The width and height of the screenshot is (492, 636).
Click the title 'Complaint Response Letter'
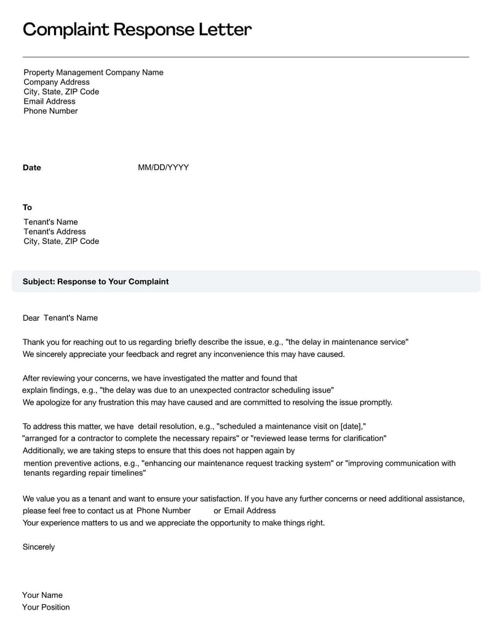(137, 29)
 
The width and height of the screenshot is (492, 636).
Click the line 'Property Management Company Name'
(93, 73)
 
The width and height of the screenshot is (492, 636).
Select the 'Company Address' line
(57, 82)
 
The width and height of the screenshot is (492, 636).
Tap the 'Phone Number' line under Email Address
(50, 111)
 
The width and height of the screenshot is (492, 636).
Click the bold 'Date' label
(32, 168)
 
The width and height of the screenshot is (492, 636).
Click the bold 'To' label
(28, 208)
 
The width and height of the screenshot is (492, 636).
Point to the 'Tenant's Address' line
(55, 232)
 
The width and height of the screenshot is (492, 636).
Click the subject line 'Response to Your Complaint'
(95, 281)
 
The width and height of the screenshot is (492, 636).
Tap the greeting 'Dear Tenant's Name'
(60, 318)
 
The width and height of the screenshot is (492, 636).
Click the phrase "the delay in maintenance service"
(347, 342)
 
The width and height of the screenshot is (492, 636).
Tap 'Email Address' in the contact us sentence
(250, 511)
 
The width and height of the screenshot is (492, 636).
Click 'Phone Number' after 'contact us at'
(164, 511)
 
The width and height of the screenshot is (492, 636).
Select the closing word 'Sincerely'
(39, 547)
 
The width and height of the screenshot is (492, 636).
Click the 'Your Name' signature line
(42, 595)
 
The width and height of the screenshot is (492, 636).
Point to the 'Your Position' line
(46, 607)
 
